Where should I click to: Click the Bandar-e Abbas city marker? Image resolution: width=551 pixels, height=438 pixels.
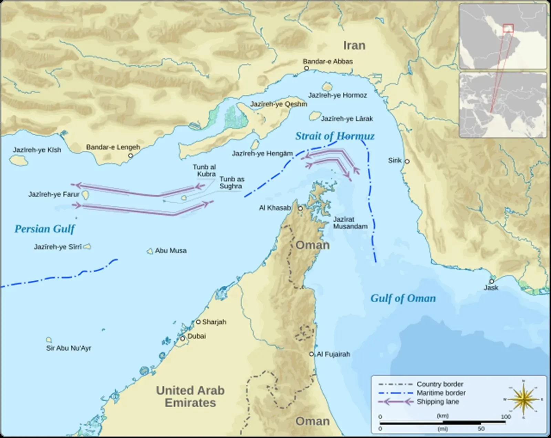click(306, 68)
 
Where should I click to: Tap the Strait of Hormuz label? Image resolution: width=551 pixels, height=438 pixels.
click(335, 136)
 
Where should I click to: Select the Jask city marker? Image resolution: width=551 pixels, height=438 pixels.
click(492, 281)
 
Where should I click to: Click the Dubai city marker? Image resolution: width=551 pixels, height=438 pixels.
click(183, 339)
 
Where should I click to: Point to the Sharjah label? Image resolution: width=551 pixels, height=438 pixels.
click(214, 322)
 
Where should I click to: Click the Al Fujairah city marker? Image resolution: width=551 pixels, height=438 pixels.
click(311, 354)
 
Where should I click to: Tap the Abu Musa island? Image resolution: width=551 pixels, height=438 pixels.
click(150, 252)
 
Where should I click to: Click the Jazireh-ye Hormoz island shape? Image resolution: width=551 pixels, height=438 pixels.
click(326, 86)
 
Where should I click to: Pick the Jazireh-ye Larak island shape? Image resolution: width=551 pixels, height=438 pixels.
click(314, 116)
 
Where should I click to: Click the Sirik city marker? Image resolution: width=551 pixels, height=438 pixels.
click(407, 161)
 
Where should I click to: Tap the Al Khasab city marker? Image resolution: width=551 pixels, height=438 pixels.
click(300, 208)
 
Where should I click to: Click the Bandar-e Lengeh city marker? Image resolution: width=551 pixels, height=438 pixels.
click(131, 156)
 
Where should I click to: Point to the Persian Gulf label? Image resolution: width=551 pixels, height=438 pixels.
click(44, 229)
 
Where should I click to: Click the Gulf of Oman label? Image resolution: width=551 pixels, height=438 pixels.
click(403, 298)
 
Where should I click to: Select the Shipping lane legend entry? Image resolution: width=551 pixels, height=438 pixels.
click(437, 402)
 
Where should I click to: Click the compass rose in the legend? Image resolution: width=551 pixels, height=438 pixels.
click(523, 399)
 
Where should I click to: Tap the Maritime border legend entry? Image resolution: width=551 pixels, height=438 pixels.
click(441, 393)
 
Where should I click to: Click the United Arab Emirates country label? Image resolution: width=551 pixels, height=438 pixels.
click(190, 396)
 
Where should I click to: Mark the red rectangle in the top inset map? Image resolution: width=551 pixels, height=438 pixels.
click(508, 28)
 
